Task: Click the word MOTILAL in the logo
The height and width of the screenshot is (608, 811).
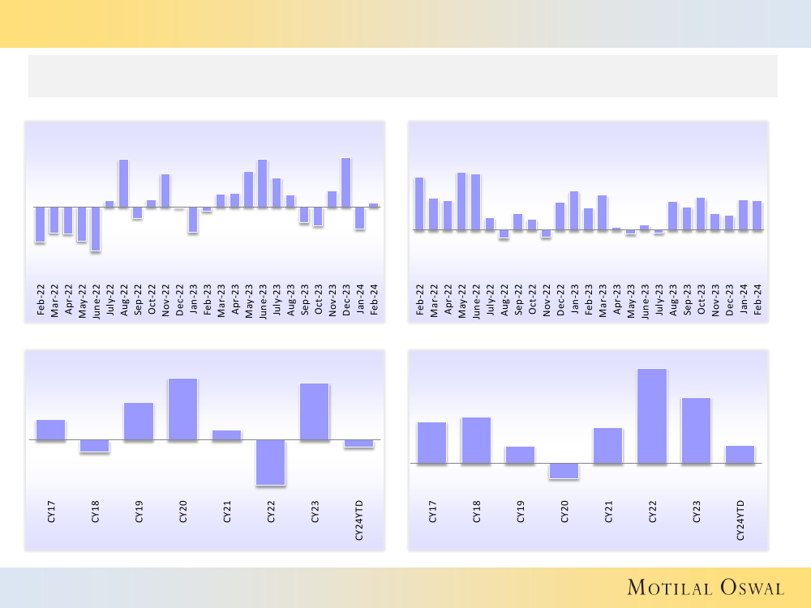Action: tap(668, 587)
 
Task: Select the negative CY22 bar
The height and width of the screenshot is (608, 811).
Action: tap(271, 462)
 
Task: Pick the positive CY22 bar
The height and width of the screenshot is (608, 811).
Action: tap(651, 416)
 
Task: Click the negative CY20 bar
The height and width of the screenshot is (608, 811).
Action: tap(564, 471)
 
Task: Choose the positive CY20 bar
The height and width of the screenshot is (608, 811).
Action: tap(182, 409)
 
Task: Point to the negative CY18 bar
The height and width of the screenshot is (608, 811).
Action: tap(94, 446)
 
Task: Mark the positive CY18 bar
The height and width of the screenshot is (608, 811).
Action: tap(476, 440)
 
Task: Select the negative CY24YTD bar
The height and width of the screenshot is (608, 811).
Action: tap(358, 443)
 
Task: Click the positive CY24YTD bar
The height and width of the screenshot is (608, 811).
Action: tap(740, 455)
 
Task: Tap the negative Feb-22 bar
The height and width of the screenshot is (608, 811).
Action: tap(40, 225)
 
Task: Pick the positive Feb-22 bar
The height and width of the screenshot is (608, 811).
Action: tap(419, 203)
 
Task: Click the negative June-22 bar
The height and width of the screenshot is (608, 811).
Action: tap(96, 229)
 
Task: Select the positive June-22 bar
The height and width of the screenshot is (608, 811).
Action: tap(475, 202)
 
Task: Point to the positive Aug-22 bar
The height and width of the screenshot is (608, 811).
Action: tap(123, 183)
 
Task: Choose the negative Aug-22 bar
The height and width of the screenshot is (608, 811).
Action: tap(504, 234)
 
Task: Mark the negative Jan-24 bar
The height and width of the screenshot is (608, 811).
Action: tap(359, 218)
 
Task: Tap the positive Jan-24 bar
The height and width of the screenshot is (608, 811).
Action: tap(743, 215)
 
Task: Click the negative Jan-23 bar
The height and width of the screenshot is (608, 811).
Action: tap(193, 220)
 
